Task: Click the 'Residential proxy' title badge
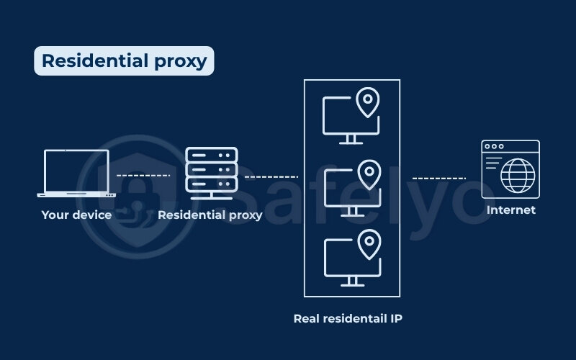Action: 124,61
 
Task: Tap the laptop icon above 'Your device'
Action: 76,173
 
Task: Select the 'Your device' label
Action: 76,215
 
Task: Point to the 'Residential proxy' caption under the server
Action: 210,215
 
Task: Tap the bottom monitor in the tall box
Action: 346,261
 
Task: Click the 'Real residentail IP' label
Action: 348,318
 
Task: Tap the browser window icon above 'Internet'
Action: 510,169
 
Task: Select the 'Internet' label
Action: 511,210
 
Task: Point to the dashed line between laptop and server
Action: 143,175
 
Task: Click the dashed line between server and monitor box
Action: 271,176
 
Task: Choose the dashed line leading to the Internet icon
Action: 439,177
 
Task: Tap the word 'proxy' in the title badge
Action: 179,61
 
